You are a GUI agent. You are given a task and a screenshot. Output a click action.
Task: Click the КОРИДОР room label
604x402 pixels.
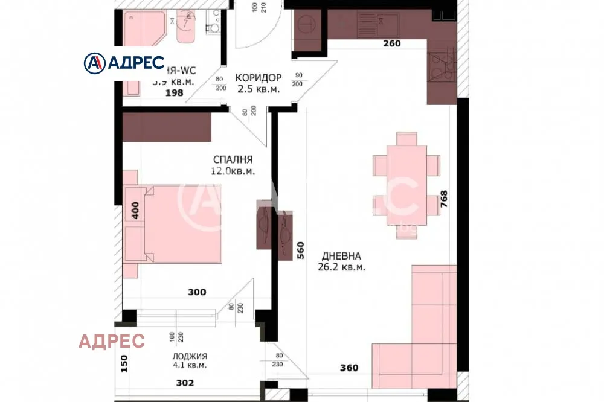coord(258,78)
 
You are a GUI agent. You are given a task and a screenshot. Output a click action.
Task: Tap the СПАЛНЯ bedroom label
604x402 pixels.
coord(233,160)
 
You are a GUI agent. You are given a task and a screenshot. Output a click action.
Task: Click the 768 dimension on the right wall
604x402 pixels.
coord(444,199)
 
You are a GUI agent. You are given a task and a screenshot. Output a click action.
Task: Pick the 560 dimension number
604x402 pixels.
coord(300,250)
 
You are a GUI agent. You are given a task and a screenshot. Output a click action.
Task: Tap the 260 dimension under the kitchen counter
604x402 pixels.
coord(392,43)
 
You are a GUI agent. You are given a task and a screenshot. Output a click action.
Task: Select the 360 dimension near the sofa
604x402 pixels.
coord(349,368)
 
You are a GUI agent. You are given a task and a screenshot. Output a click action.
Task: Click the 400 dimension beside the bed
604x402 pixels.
coord(136,209)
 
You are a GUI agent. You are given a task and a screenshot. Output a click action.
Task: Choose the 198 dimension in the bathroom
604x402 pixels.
coord(175,93)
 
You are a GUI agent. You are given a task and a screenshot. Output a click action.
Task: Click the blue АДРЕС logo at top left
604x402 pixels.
coord(124,62)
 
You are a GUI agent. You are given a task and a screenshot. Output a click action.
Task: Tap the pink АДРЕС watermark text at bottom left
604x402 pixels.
coord(112,341)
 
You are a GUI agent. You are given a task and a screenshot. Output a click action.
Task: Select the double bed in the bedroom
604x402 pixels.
coord(182,223)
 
